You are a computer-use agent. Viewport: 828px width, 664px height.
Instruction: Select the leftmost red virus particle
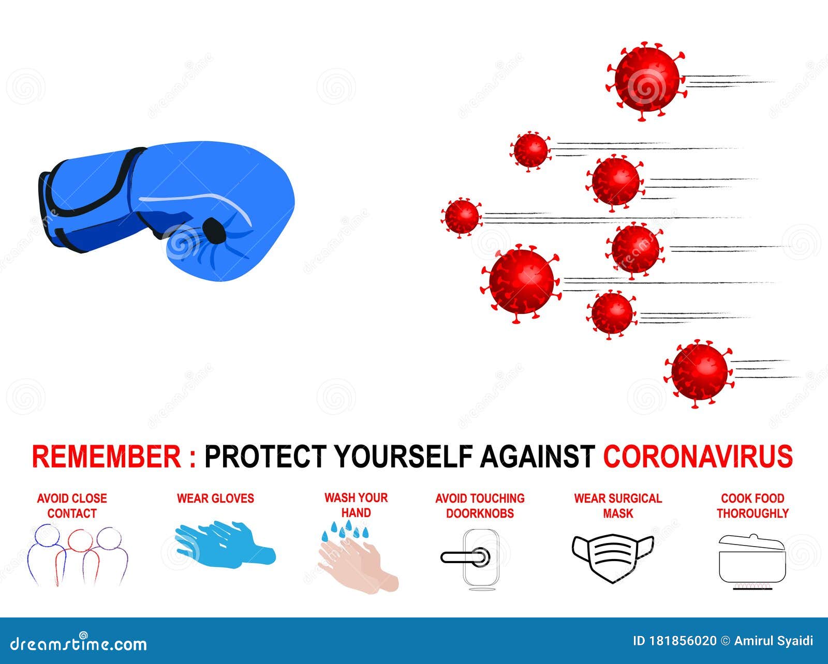(x=462, y=217)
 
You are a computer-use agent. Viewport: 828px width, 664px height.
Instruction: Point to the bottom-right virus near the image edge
(x=699, y=372)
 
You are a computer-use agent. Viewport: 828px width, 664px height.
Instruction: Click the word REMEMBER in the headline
(x=106, y=457)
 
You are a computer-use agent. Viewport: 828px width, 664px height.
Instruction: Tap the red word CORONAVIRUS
(x=698, y=457)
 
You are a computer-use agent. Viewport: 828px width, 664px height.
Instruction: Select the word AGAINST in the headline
(x=537, y=457)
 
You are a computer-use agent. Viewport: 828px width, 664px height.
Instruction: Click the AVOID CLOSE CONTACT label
(x=72, y=506)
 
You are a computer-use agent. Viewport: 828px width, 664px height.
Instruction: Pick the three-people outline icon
(x=77, y=556)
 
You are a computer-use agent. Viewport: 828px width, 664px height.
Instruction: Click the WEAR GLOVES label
(x=215, y=499)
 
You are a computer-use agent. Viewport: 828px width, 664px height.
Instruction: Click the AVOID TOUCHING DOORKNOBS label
(x=480, y=506)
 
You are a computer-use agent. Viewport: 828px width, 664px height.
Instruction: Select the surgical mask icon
(x=613, y=557)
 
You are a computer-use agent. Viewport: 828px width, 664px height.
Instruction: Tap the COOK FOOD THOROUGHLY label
(x=752, y=506)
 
